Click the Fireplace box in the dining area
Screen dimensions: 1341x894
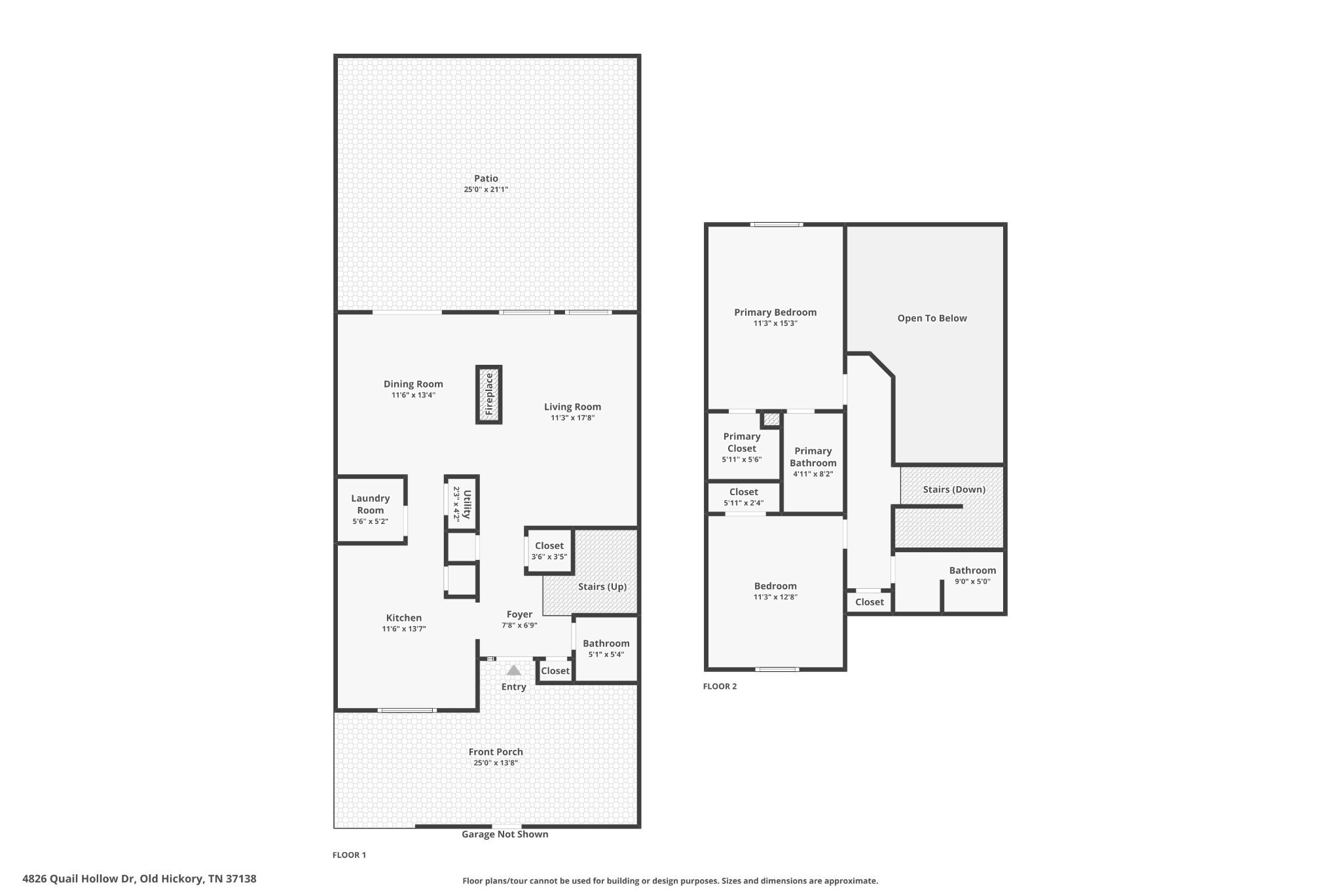point(488,394)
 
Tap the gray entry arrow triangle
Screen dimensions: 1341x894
point(514,670)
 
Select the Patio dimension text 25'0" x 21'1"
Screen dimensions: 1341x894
point(486,190)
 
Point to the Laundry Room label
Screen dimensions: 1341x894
point(371,504)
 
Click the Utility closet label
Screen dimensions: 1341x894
point(468,504)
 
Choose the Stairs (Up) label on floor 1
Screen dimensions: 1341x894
point(602,587)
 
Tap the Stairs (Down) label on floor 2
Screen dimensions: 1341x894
point(954,490)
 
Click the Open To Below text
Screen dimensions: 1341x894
point(932,318)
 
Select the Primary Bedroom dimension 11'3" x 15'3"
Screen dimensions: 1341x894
point(775,324)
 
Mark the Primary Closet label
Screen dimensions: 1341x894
point(742,443)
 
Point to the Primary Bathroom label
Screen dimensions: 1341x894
point(813,457)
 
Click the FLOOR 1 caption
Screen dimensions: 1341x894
point(349,855)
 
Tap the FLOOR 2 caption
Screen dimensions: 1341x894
point(720,686)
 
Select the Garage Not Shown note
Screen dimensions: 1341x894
point(505,834)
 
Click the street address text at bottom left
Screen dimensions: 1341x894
point(139,879)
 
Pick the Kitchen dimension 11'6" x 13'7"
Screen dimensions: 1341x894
point(404,629)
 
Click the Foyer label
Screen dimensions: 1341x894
point(519,614)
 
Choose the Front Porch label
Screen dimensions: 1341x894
point(496,752)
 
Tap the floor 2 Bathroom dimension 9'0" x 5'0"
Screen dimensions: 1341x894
point(972,582)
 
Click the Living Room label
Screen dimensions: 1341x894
point(572,407)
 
